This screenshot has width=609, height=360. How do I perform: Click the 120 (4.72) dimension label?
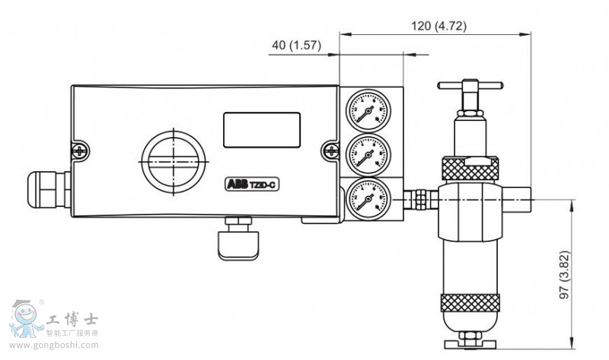(439, 25)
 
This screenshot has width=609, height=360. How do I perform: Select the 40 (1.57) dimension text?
(297, 46)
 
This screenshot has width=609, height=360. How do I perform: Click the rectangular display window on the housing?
(261, 129)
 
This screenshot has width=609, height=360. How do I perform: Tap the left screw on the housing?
(78, 150)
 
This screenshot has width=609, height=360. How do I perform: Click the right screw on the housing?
(330, 150)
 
